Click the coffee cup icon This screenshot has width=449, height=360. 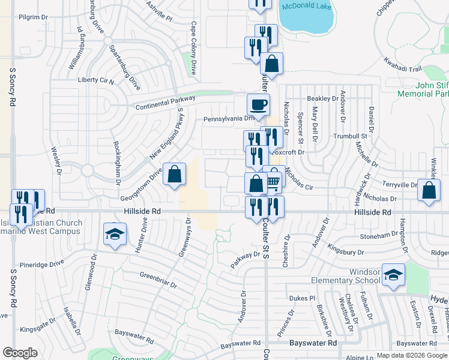click(258, 105)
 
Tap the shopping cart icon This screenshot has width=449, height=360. click(274, 181)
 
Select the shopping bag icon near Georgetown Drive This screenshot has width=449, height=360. click(174, 175)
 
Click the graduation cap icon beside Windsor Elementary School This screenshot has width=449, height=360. click(394, 275)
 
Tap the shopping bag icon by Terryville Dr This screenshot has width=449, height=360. click(430, 190)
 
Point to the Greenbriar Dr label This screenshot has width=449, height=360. click(158, 281)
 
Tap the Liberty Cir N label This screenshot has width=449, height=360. click(96, 80)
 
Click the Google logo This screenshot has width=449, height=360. click(20, 353)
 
